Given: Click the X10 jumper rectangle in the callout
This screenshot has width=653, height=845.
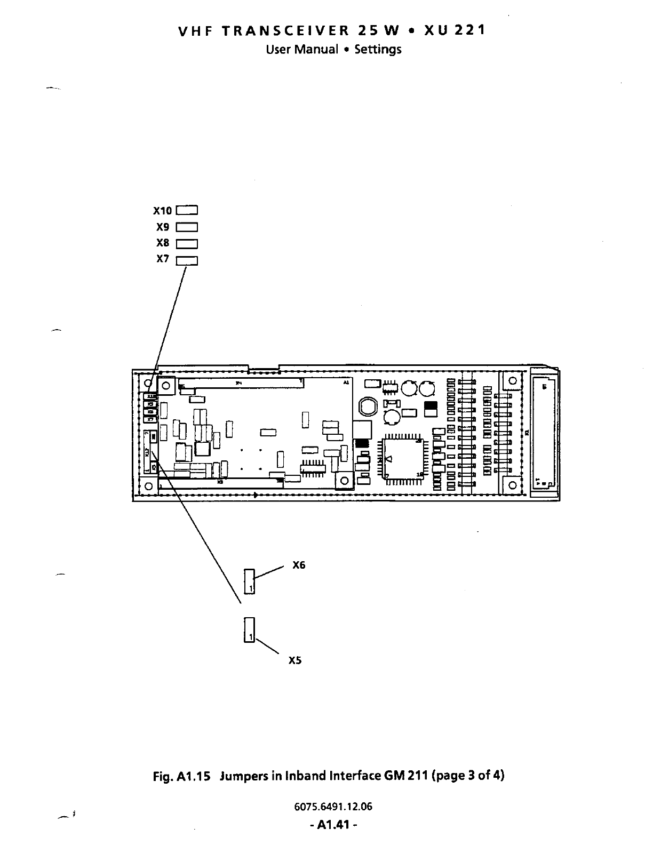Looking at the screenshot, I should pos(187,210).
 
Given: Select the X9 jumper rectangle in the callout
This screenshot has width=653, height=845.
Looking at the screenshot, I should pos(187,227).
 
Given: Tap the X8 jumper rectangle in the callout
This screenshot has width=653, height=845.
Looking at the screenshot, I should pos(187,244).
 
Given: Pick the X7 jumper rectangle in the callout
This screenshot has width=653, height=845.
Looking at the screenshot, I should pos(187,260).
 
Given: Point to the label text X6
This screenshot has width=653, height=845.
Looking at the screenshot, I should pos(299,565).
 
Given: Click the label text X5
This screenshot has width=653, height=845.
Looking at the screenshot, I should pos(295,660).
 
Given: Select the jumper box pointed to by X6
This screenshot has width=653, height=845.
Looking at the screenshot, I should pos(250,581).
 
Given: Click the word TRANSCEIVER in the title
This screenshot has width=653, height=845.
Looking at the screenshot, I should pos(285,30).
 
